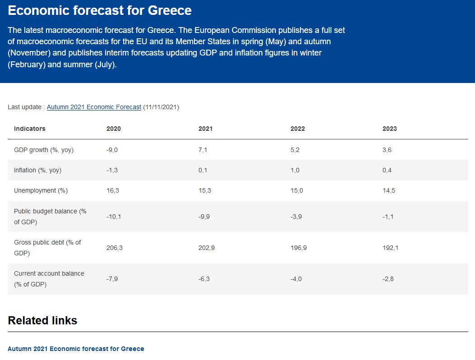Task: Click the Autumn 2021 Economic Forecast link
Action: pyautogui.click(x=94, y=107)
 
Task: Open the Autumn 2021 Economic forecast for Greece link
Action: pyautogui.click(x=76, y=349)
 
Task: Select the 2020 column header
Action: pyautogui.click(x=114, y=129)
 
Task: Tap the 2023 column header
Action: pyautogui.click(x=390, y=129)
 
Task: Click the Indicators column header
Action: pyautogui.click(x=30, y=129)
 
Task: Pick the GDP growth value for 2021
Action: pyautogui.click(x=203, y=150)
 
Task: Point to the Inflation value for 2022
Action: pyautogui.click(x=295, y=170)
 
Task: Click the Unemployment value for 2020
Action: pyautogui.click(x=113, y=190)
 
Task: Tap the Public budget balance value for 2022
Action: pyautogui.click(x=296, y=217)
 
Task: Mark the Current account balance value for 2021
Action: pyautogui.click(x=204, y=279)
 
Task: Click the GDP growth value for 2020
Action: pyautogui.click(x=112, y=150)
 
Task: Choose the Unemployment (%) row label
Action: pyautogui.click(x=41, y=190)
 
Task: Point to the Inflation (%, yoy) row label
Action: pyautogui.click(x=37, y=170)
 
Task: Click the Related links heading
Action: pyautogui.click(x=42, y=321)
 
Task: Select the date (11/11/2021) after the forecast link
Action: pyautogui.click(x=161, y=107)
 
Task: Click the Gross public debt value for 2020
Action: pyautogui.click(x=115, y=248)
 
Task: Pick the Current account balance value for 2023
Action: pyautogui.click(x=388, y=279)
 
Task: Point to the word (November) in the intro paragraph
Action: pyautogui.click(x=28, y=53)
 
